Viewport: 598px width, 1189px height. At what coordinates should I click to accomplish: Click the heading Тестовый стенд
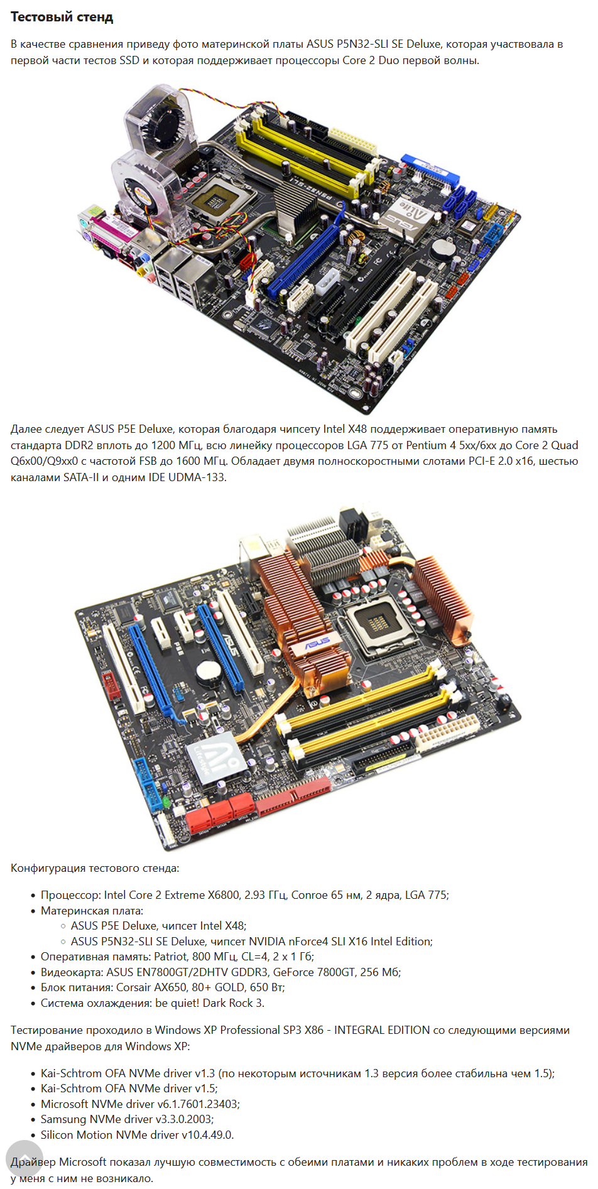tap(62, 17)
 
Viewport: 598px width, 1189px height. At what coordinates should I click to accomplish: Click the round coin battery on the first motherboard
tap(443, 247)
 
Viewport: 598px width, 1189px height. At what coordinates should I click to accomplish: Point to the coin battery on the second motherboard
tap(209, 673)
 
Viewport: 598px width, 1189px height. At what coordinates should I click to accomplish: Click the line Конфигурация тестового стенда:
tap(95, 868)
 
